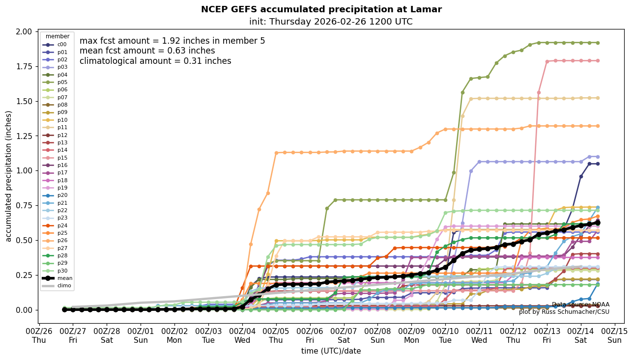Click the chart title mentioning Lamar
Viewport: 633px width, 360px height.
[x=321, y=9]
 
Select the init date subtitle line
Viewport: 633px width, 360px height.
[x=331, y=22]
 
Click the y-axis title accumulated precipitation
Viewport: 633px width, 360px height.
[x=8, y=176]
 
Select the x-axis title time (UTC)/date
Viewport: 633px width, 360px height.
[x=331, y=351]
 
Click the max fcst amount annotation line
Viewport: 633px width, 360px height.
[x=172, y=41]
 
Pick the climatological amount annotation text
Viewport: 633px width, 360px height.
[x=155, y=61]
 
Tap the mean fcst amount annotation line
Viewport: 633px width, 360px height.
[x=147, y=51]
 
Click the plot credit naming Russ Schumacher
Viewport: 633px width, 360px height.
[x=564, y=312]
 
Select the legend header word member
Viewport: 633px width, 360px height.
[x=58, y=36]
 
